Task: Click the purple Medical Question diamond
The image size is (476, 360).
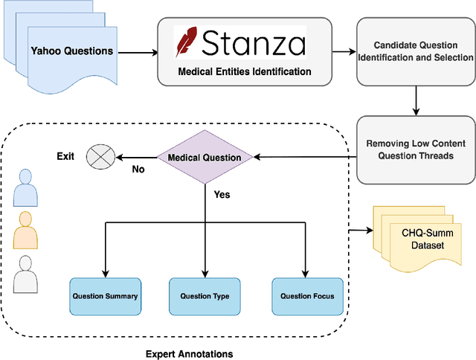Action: coord(204,157)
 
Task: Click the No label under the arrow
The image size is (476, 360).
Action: coord(138,170)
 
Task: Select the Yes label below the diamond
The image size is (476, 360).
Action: coord(222,194)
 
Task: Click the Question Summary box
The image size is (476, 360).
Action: coord(105,296)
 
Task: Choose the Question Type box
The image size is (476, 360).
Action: coord(205,296)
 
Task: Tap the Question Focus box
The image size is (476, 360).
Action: coord(307,296)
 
